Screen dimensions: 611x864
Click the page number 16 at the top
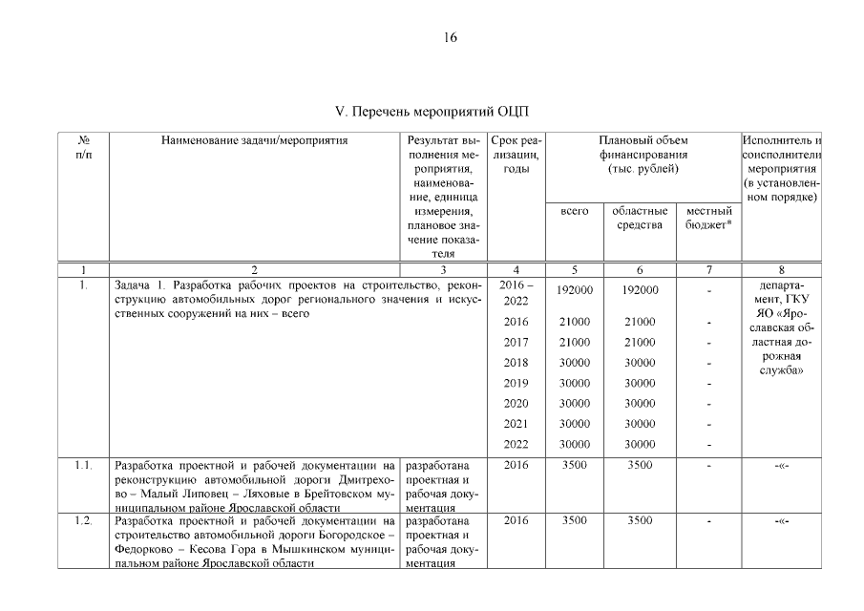point(451,38)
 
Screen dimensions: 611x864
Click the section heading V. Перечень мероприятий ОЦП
point(432,113)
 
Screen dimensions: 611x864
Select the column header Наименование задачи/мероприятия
point(254,141)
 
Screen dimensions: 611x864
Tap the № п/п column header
point(84,148)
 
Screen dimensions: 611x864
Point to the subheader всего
point(573,211)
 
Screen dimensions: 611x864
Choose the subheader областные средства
point(640,217)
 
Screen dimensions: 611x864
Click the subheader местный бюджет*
point(709,217)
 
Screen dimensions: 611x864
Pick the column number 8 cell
point(781,270)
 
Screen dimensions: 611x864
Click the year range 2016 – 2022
point(516,293)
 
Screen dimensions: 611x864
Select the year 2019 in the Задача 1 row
point(516,383)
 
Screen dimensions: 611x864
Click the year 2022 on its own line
point(516,443)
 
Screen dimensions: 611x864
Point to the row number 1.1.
point(84,467)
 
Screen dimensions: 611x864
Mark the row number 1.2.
point(84,521)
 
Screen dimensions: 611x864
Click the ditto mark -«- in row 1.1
point(781,467)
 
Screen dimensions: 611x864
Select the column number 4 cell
point(516,270)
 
